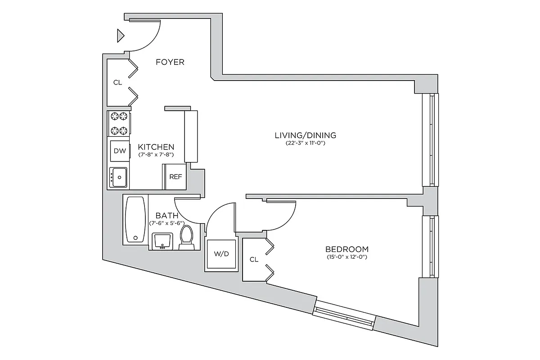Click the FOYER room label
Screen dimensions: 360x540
170,62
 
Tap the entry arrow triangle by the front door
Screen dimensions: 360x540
120,36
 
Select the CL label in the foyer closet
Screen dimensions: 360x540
117,82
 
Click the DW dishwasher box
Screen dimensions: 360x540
120,151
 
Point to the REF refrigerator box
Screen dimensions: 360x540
175,177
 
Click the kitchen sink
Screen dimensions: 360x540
119,177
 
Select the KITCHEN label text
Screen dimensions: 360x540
156,147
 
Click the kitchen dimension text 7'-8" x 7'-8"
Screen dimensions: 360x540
156,155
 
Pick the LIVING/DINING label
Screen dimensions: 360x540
306,135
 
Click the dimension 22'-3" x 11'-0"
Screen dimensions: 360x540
306,143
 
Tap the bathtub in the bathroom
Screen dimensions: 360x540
135,220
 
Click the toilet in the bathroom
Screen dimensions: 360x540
186,237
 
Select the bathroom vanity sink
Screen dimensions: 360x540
162,240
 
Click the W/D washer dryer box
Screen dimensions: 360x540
221,254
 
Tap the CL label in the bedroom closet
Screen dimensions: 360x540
254,259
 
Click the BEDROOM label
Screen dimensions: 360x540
346,249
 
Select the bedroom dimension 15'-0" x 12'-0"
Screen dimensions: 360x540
346,257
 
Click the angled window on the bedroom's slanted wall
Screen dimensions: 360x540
344,315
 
